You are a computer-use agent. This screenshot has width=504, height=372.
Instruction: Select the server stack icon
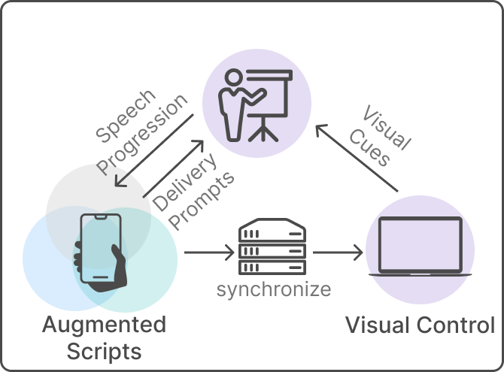click(272, 248)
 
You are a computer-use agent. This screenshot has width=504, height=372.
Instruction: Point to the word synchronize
click(273, 289)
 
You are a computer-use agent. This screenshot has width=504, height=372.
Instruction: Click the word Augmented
click(104, 325)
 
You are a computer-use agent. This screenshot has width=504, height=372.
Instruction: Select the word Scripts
click(104, 351)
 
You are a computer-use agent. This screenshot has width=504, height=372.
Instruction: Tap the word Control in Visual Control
click(454, 325)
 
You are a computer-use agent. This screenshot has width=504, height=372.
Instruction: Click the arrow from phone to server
click(209, 251)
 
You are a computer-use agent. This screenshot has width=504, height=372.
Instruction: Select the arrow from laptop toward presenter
click(357, 159)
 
